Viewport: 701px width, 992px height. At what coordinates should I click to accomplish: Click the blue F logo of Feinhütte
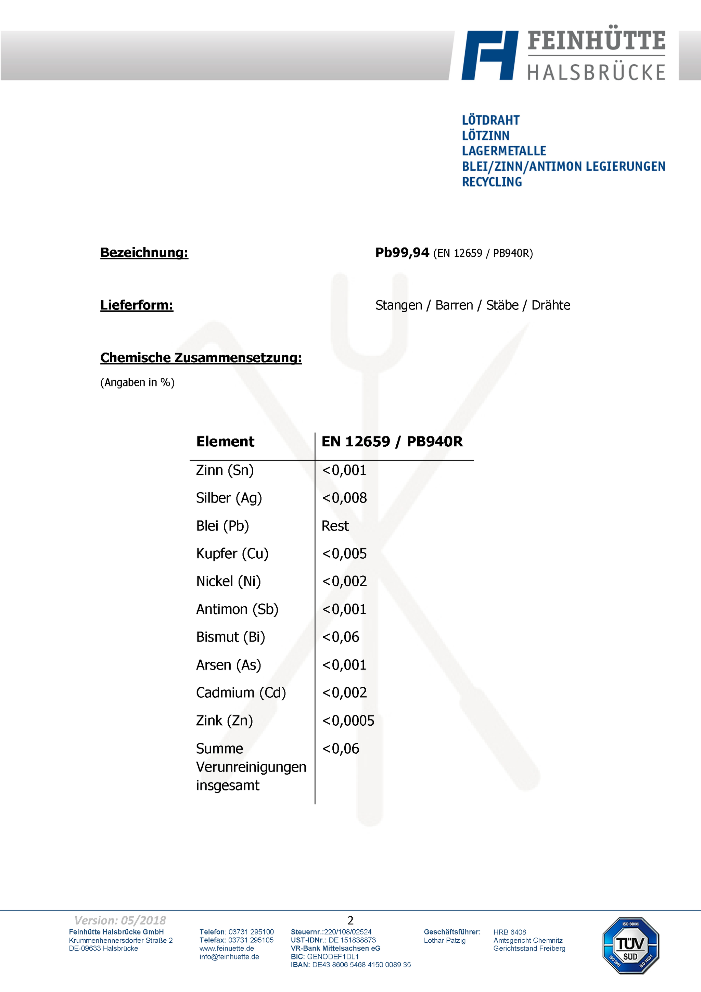coord(489,55)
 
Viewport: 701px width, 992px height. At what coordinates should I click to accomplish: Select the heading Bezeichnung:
coord(144,253)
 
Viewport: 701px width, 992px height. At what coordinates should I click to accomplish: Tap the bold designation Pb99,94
coord(402,253)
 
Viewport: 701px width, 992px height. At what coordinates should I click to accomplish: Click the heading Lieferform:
coord(137,305)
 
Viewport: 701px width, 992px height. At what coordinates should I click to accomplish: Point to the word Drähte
coord(551,305)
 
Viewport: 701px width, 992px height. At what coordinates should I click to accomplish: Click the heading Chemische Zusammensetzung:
coord(201,358)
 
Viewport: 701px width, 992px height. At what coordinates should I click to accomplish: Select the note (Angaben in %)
coord(137,382)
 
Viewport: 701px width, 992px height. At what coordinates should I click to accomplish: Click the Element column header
coord(225,442)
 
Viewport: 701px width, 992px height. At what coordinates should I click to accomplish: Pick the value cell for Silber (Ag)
coord(344,498)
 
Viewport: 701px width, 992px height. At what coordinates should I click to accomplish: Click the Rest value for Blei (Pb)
coord(335,526)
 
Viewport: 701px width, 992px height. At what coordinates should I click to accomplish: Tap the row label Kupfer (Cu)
coord(232,554)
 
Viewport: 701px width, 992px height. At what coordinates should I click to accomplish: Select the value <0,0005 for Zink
coord(348,721)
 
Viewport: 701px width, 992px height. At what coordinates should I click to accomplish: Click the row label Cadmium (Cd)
coord(241,692)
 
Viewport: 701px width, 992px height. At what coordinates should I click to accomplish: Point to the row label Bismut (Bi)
coord(230,637)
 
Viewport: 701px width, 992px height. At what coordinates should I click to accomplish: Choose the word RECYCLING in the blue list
coord(492,182)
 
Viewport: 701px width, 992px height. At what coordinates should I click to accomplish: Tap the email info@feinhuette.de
coord(229,956)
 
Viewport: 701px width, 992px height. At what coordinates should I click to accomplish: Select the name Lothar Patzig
coord(444,940)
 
